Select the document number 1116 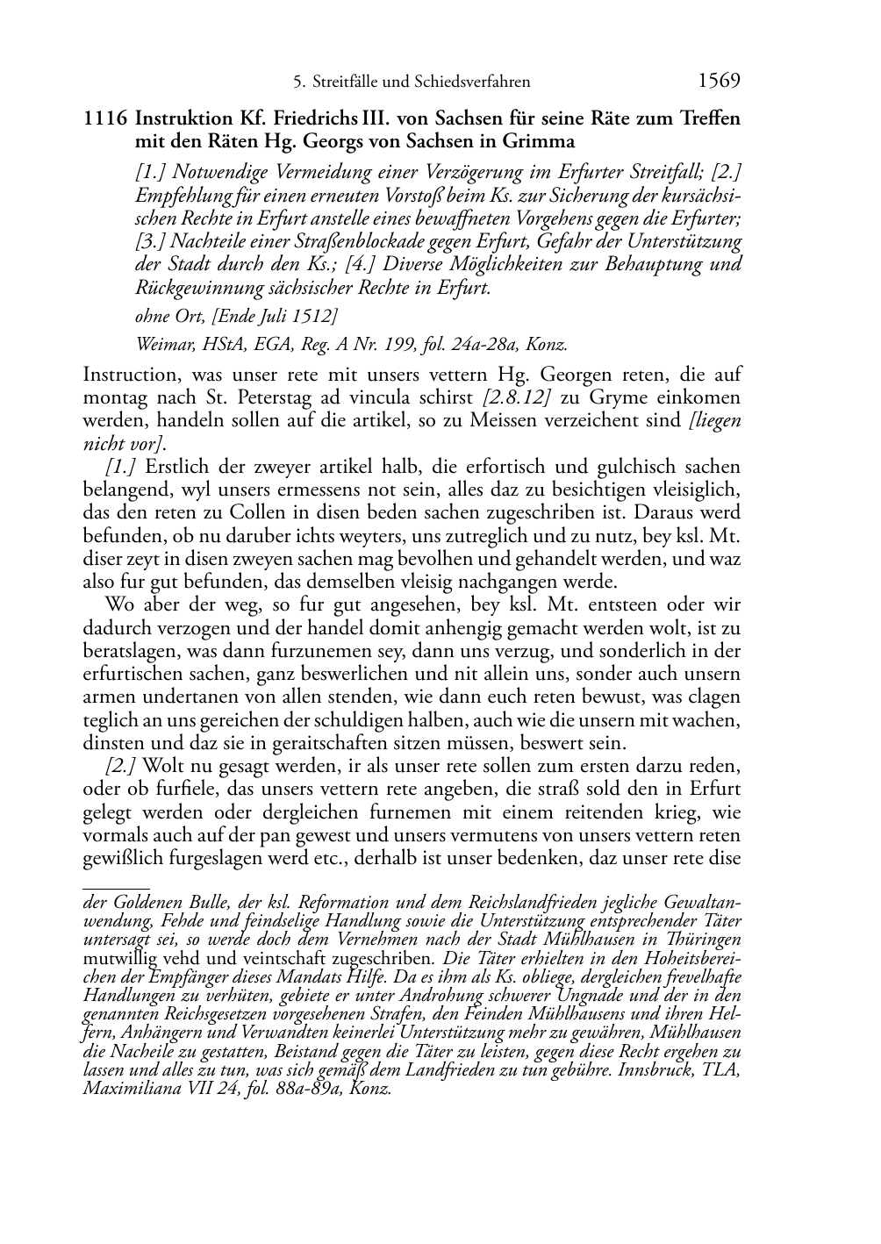point(106,118)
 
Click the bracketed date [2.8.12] point(516,397)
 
